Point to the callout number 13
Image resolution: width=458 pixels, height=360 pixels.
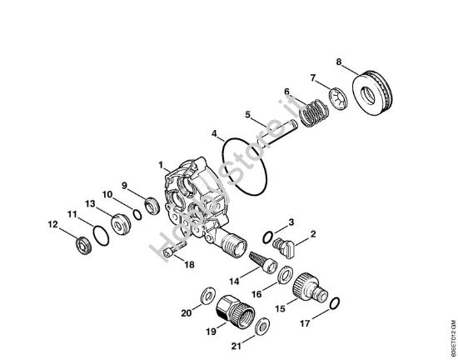[x=89, y=203]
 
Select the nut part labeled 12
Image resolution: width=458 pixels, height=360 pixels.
[x=82, y=243]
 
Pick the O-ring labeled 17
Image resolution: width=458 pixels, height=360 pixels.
[x=334, y=302]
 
